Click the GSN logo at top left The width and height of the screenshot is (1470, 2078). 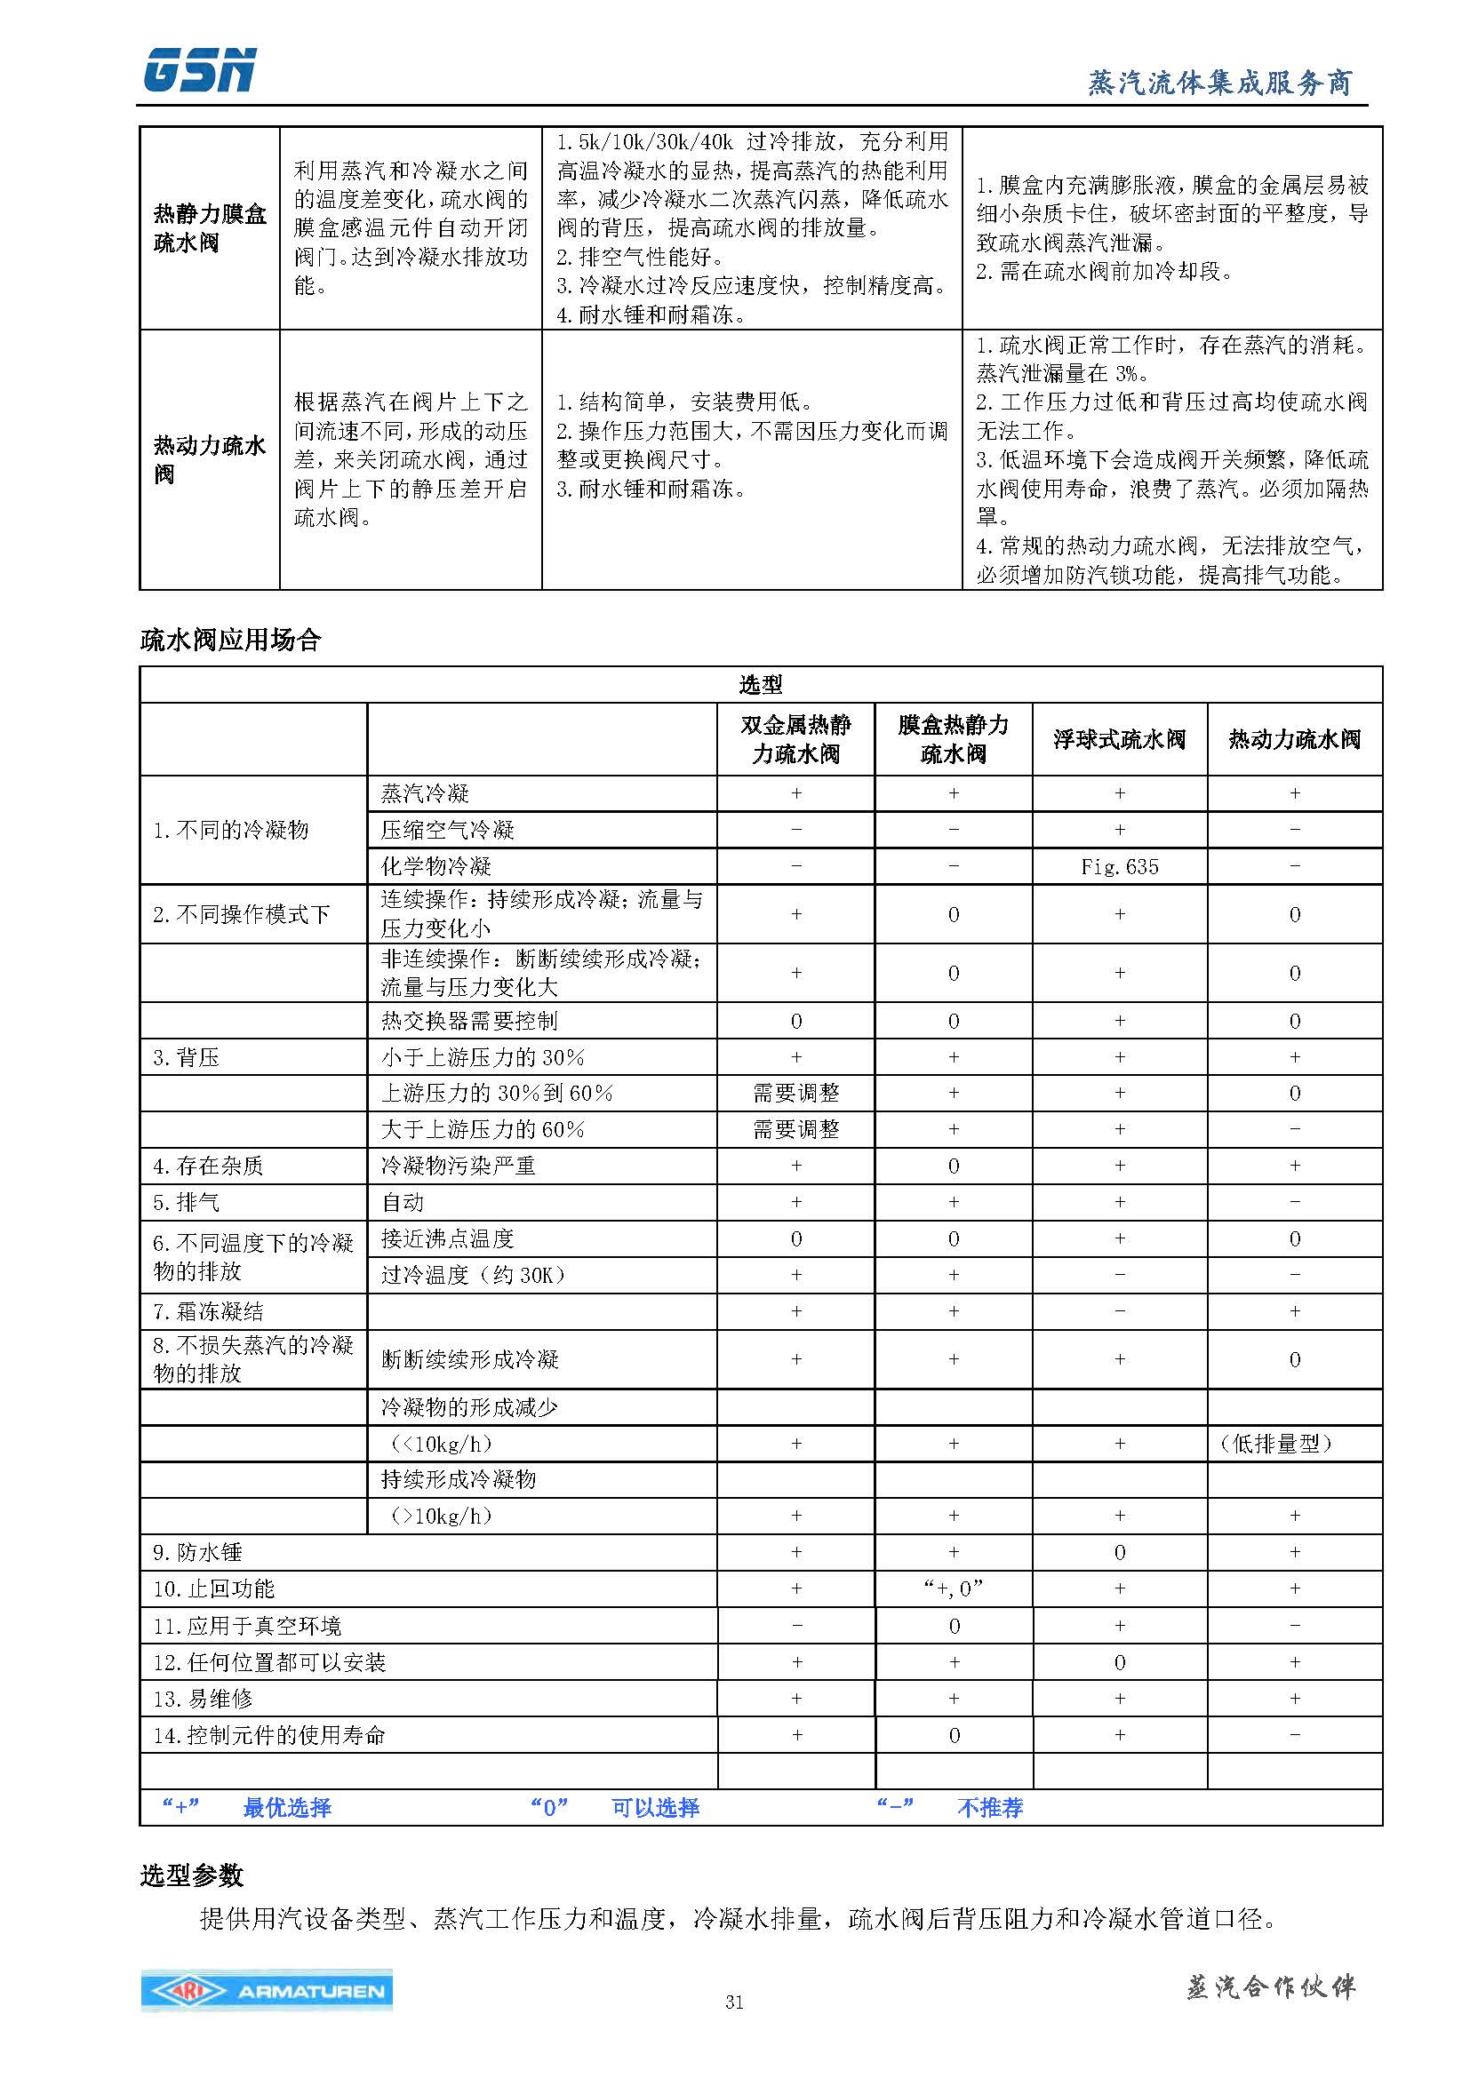tap(199, 71)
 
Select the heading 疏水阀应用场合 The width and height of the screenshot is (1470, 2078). tap(230, 640)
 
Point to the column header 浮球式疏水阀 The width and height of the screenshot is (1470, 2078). tap(1119, 739)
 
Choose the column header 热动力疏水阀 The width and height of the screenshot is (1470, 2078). tap(1294, 739)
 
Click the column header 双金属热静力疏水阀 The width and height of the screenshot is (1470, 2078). tap(795, 739)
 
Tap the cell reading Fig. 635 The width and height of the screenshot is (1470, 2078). tap(1119, 866)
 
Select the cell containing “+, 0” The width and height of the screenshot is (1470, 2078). tap(953, 1588)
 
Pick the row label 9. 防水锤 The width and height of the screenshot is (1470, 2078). tap(197, 1552)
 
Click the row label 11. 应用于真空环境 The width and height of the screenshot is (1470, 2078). tap(246, 1626)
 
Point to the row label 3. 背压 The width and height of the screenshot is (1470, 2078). tap(186, 1057)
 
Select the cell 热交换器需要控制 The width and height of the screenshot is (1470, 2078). tap(469, 1021)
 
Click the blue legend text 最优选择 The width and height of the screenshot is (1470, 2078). tap(287, 1807)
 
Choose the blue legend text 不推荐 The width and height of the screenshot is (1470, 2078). tap(989, 1807)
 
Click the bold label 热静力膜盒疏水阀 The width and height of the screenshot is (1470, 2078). tap(209, 228)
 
